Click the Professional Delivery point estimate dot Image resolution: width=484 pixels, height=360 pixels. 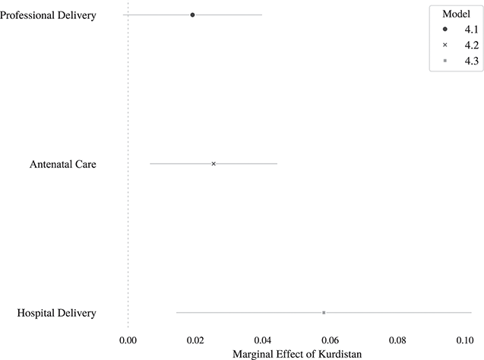click(192, 15)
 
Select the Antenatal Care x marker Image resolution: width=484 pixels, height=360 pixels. click(214, 164)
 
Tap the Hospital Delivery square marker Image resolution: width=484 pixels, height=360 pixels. click(324, 313)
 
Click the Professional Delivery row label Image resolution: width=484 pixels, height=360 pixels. click(48, 15)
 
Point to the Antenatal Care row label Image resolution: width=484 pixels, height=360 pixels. click(62, 164)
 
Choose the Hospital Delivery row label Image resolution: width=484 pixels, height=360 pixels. click(55, 313)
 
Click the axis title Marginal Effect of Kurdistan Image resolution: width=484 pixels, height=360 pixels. click(296, 353)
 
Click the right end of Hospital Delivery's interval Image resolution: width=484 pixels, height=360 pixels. click(471, 313)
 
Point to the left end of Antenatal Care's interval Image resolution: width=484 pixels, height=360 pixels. click(150, 164)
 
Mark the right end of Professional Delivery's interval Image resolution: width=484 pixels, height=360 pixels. click(262, 15)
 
